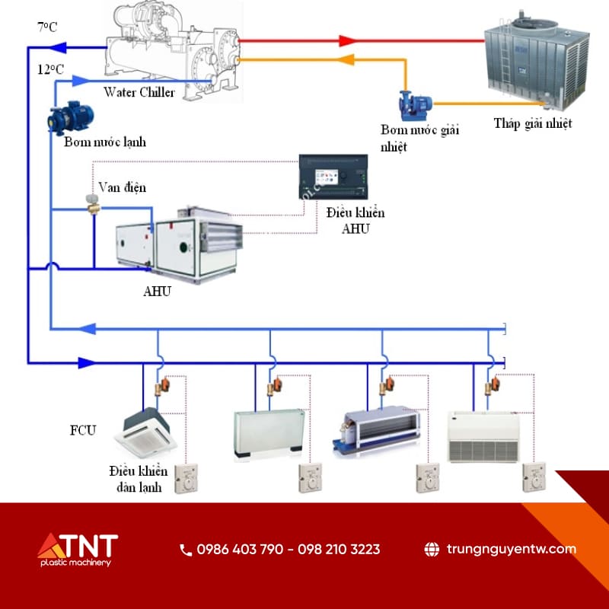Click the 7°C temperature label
(47, 27)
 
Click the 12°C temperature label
(49, 69)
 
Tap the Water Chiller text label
(139, 93)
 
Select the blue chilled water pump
(69, 116)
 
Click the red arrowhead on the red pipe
(348, 40)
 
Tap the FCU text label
(83, 431)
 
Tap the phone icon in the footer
(186, 549)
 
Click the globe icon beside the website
(432, 549)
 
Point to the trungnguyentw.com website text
(511, 549)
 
